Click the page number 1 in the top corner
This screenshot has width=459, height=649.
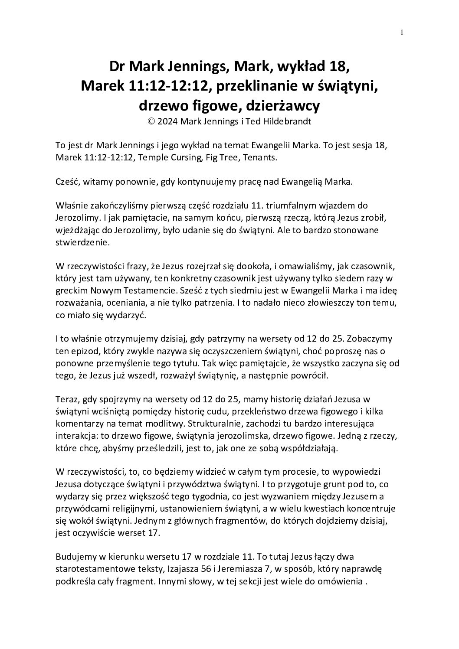pos(402,32)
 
